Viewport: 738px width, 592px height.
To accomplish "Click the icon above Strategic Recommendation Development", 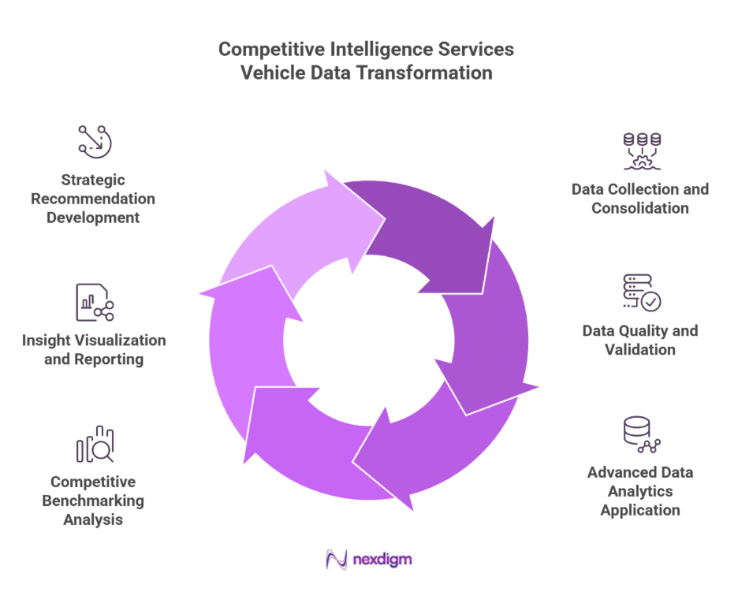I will tap(95, 141).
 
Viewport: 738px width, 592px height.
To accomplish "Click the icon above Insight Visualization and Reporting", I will tap(95, 303).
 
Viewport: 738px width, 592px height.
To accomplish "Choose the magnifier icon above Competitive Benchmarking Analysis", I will tap(95, 445).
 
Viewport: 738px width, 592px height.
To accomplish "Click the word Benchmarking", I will tap(93, 501).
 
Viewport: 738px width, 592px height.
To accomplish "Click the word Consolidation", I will tap(640, 208).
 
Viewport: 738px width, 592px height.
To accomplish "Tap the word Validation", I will tap(640, 349).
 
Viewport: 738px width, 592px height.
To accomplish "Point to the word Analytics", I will tap(640, 491).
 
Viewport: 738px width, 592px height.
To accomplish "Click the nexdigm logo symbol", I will tap(337, 560).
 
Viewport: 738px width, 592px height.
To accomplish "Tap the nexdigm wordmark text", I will tap(383, 560).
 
